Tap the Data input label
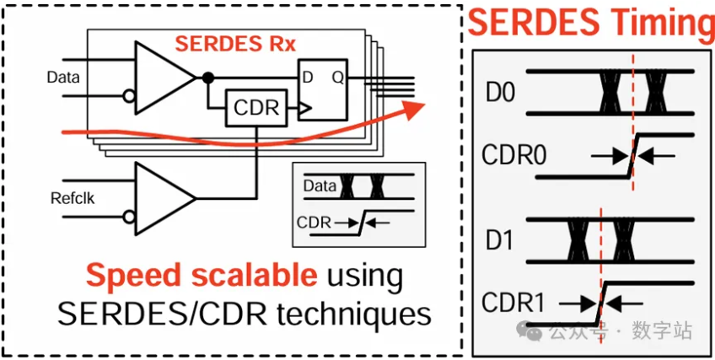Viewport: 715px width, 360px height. pos(62,78)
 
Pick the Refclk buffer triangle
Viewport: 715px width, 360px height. pos(163,196)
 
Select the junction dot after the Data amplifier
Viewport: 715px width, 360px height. pos(206,78)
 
